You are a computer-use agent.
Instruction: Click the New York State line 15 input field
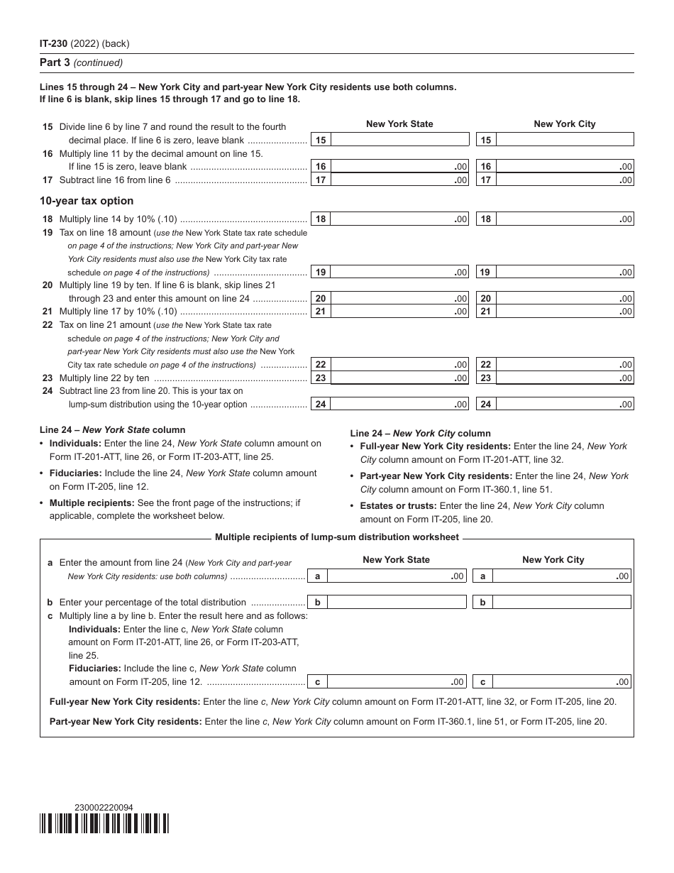tap(400, 140)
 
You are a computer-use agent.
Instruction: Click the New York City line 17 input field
tap(564, 180)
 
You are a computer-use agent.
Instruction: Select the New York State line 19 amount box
tap(400, 272)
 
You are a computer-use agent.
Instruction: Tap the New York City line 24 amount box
tap(564, 405)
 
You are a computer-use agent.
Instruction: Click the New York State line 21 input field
tap(400, 312)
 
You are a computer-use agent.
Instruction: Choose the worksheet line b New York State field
tap(397, 602)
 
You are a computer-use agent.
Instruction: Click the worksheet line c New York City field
tap(562, 682)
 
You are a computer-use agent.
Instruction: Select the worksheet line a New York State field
tap(397, 576)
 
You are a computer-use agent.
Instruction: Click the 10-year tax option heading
tap(87, 201)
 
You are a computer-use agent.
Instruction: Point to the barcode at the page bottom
tap(104, 823)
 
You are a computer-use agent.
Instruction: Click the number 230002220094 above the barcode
tap(104, 807)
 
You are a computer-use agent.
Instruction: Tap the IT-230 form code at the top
tap(54, 44)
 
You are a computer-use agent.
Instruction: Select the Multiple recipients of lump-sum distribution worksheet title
tap(336, 537)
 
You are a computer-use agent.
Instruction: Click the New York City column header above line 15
tap(565, 123)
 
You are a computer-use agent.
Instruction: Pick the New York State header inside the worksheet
tap(396, 559)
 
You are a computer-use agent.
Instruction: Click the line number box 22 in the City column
tap(486, 365)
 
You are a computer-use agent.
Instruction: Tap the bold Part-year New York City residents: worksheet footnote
tap(126, 721)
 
